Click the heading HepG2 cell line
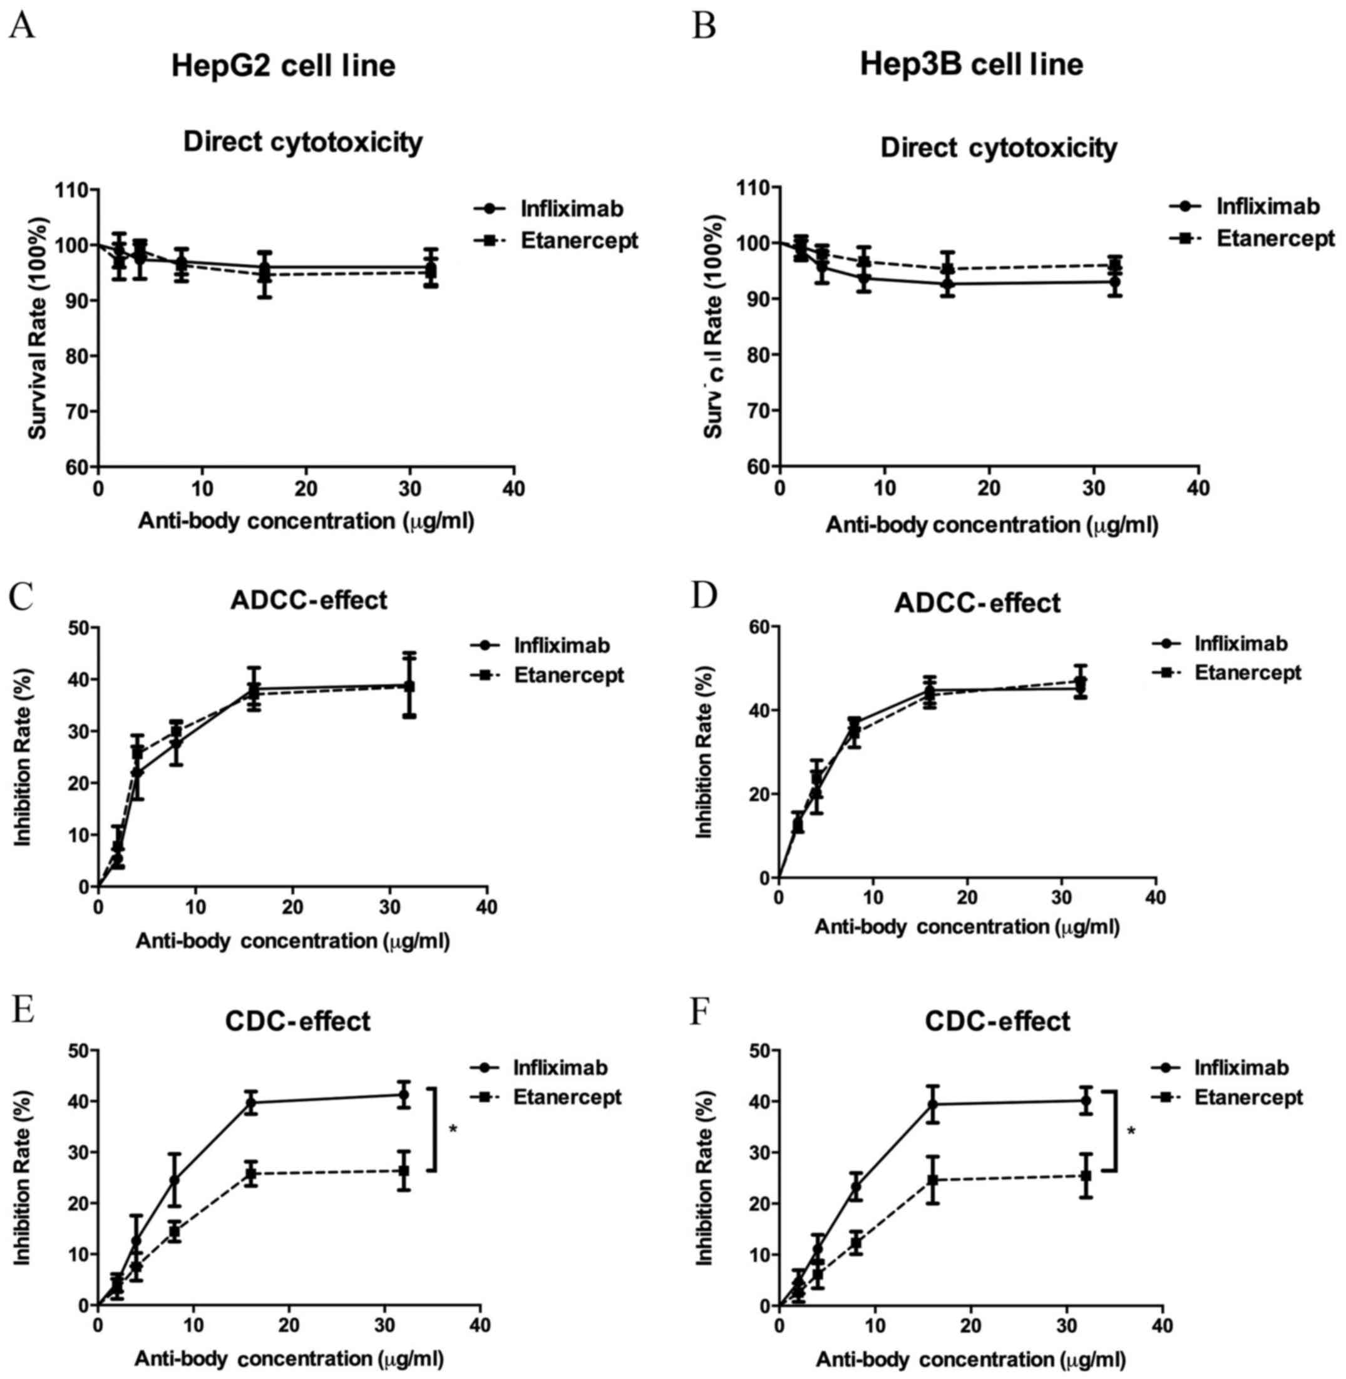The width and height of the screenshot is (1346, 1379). [284, 66]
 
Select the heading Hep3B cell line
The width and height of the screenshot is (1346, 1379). [972, 65]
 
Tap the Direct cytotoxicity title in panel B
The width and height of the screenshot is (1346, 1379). [998, 148]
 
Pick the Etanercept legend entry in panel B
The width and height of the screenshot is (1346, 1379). [1275, 238]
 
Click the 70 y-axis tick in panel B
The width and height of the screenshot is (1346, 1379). [758, 411]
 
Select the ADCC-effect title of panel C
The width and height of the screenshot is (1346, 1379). [308, 600]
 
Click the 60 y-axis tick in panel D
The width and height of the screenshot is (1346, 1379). [758, 627]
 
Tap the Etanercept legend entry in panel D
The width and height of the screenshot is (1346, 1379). [1247, 672]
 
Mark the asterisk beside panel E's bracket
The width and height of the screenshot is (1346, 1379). [453, 1129]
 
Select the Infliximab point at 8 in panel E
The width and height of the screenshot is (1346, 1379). [174, 1180]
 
